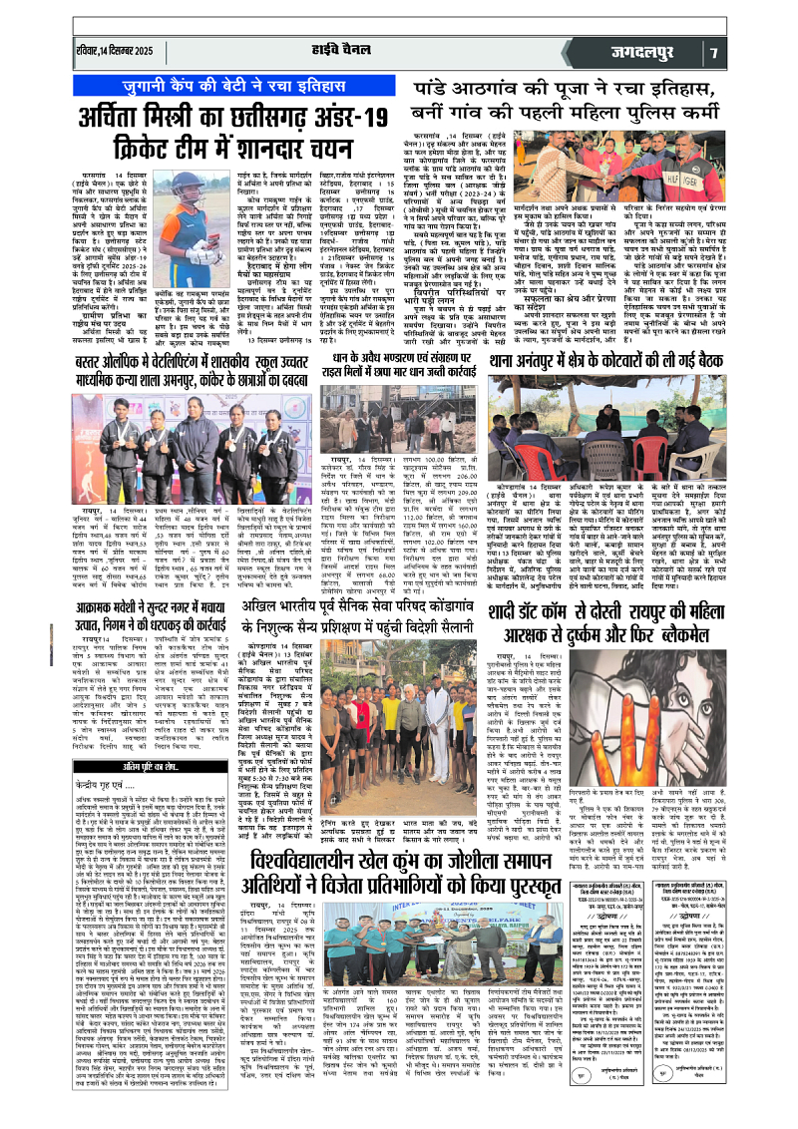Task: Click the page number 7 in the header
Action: point(772,51)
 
